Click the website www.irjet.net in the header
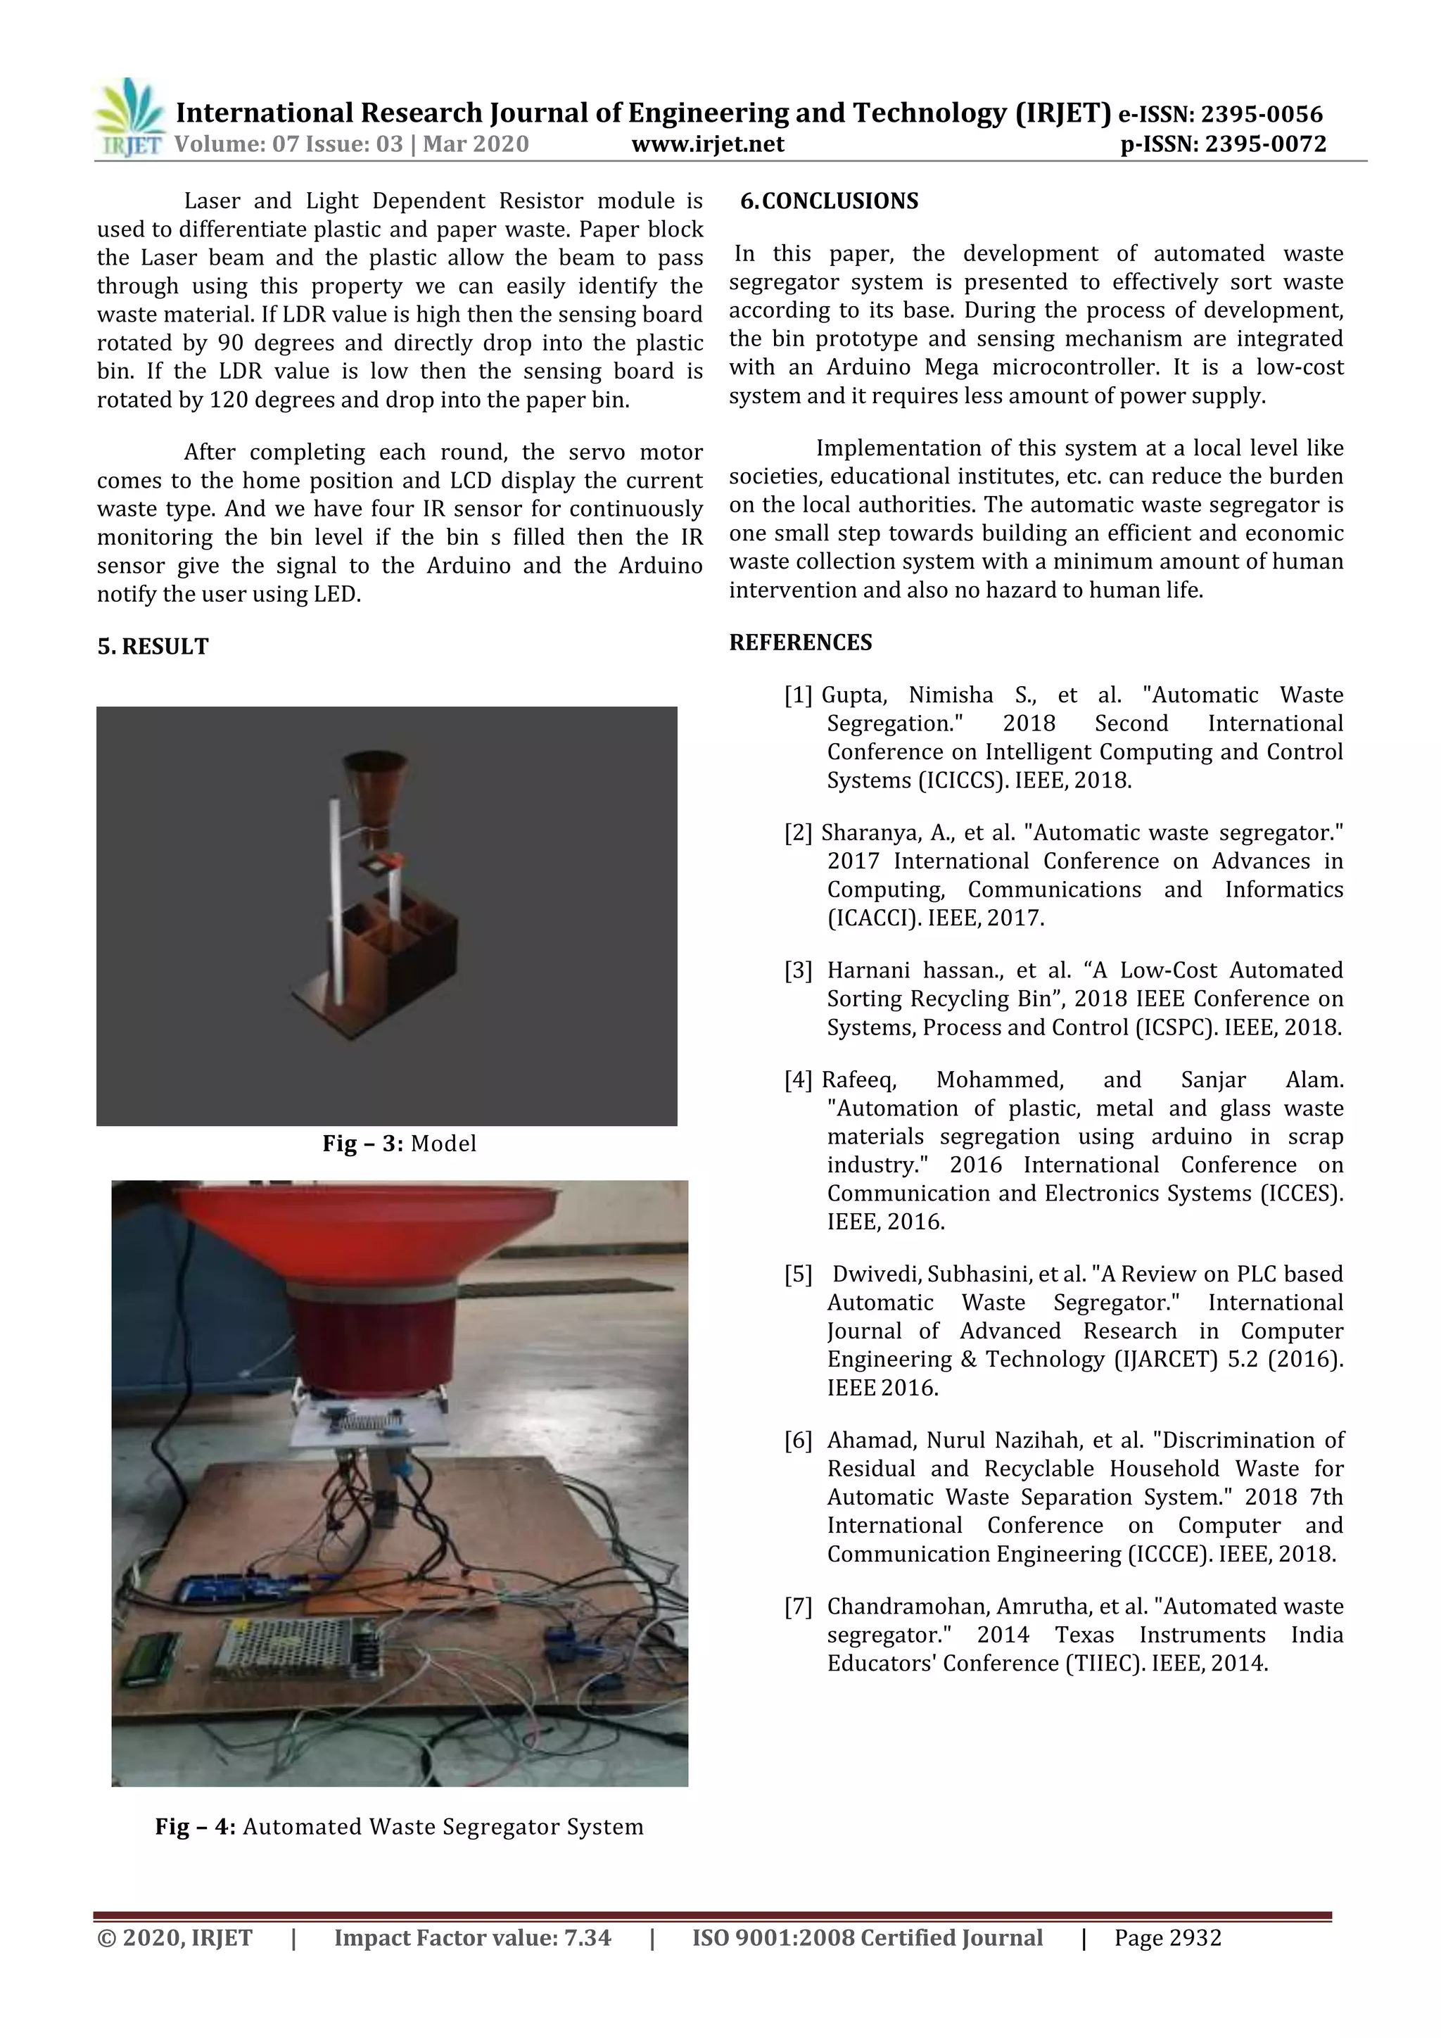click(707, 144)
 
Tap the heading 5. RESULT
click(153, 646)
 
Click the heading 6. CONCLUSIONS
click(830, 201)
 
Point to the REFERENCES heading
click(800, 642)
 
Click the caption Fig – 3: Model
click(398, 1144)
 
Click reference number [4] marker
click(796, 1080)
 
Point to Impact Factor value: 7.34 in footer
click(472, 1937)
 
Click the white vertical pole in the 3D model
click(336, 897)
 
